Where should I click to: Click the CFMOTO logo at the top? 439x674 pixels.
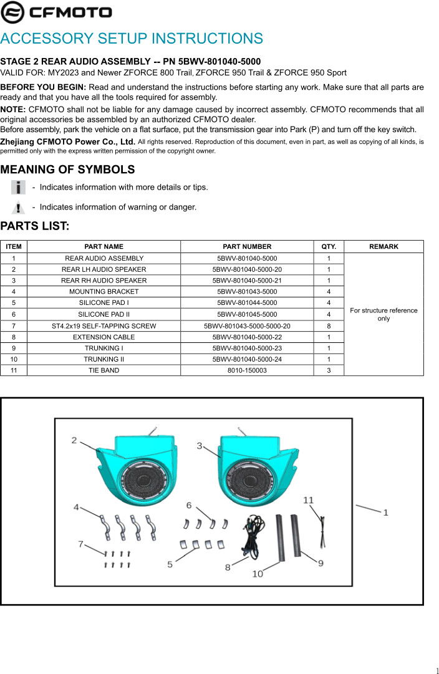point(57,12)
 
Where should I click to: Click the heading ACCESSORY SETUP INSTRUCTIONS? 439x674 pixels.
point(132,39)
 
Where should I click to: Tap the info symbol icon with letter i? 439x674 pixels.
point(19,187)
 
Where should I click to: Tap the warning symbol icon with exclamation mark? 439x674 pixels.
point(19,207)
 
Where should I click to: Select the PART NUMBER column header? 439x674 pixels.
point(247,246)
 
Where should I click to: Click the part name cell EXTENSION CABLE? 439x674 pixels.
point(104,337)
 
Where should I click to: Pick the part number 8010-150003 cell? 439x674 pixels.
point(247,370)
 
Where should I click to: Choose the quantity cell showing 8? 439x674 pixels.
point(329,325)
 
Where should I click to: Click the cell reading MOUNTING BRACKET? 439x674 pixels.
point(104,291)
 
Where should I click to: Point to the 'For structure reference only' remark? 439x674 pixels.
point(384,314)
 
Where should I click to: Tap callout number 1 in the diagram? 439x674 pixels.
point(386,513)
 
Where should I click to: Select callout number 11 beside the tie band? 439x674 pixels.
point(308,500)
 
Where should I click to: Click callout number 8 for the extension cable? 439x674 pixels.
point(228,567)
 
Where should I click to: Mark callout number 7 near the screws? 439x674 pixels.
point(80,544)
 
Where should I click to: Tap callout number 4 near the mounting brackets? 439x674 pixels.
point(76,507)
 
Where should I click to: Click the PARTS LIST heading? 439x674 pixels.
point(34,226)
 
